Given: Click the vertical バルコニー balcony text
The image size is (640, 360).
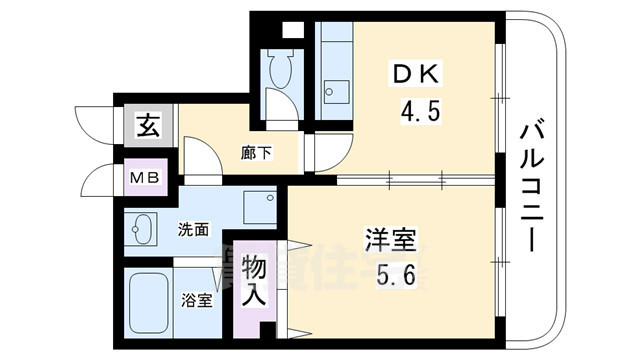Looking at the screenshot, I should (532, 185).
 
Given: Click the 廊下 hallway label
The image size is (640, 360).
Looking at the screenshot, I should (257, 153).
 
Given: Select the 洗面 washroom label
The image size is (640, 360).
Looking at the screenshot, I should (194, 229).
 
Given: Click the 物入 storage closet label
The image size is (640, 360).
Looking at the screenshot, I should (254, 282).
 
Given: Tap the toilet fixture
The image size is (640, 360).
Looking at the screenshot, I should (277, 72).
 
